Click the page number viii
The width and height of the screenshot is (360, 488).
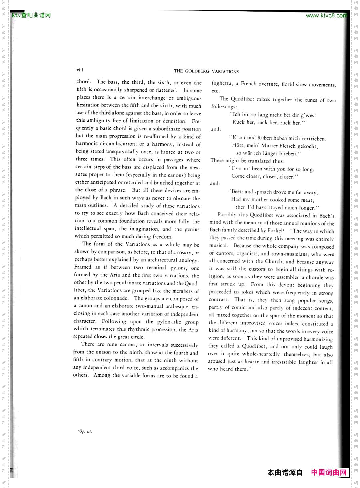pyautogui.click(x=80, y=70)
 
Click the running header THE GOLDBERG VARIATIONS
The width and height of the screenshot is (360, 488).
pyautogui.click(x=206, y=71)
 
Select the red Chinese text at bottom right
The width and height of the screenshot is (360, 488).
pyautogui.click(x=328, y=472)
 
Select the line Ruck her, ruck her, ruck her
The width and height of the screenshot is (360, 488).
pyautogui.click(x=268, y=123)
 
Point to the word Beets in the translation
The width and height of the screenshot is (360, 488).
pyautogui.click(x=236, y=192)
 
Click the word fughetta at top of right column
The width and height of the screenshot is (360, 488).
pyautogui.click(x=221, y=84)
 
